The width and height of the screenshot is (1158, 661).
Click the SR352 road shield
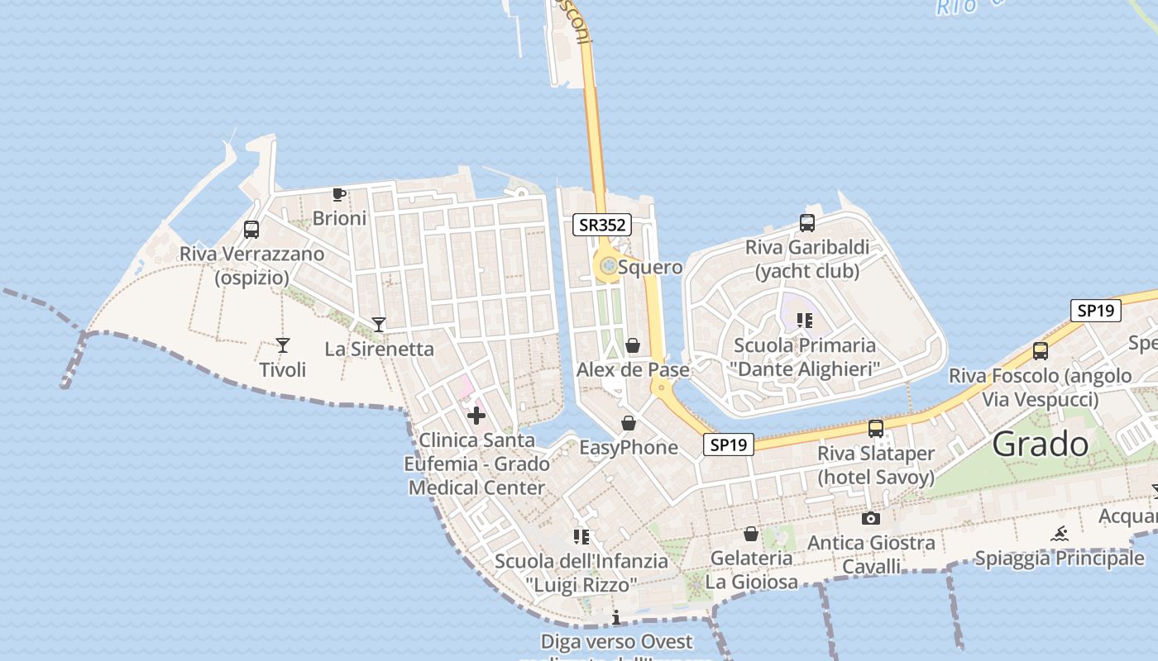pos(602,224)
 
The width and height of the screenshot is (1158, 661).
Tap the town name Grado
pos(1041,445)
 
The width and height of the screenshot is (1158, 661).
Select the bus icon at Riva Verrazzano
pos(251,230)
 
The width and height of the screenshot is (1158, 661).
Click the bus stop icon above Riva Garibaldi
pos(807,222)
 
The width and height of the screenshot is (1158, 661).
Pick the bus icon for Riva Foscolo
pos(1041,351)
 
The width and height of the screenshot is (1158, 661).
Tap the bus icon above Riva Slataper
pos(876,429)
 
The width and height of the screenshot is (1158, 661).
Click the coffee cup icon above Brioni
pos(338,194)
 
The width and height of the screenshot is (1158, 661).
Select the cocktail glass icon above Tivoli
pos(283,345)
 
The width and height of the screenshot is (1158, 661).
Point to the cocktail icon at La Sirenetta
pos(379,325)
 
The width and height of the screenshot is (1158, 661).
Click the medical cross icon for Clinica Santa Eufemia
pos(476,416)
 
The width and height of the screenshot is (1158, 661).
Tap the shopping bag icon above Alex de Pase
pos(633,345)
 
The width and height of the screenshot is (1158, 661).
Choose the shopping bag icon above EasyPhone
pos(629,424)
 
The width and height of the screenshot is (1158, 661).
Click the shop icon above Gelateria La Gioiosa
pos(751,534)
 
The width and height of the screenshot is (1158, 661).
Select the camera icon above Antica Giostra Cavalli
pos(870,519)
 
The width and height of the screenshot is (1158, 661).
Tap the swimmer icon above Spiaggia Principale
pos(1060,534)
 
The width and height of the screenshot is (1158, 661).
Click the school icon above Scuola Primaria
pos(805,321)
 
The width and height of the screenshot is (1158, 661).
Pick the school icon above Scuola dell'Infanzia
pos(581,537)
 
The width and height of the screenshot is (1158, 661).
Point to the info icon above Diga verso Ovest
pos(616,618)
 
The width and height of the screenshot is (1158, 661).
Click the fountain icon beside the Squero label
pos(608,266)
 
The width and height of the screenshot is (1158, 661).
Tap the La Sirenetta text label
pos(379,349)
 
